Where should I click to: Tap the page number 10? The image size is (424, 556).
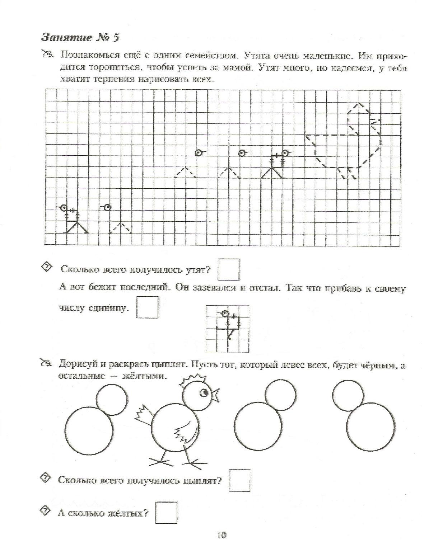(222, 535)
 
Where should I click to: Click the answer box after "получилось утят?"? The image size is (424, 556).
(229, 269)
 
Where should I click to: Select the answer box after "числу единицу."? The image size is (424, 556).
(147, 307)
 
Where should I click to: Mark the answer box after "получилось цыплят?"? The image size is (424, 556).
(239, 480)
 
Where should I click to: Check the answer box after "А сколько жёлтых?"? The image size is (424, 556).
(167, 513)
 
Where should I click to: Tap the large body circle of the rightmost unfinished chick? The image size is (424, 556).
(371, 427)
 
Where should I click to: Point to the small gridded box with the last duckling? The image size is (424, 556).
(228, 329)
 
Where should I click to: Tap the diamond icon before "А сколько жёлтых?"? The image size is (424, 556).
(46, 511)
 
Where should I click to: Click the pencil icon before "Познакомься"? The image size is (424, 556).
(48, 55)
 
